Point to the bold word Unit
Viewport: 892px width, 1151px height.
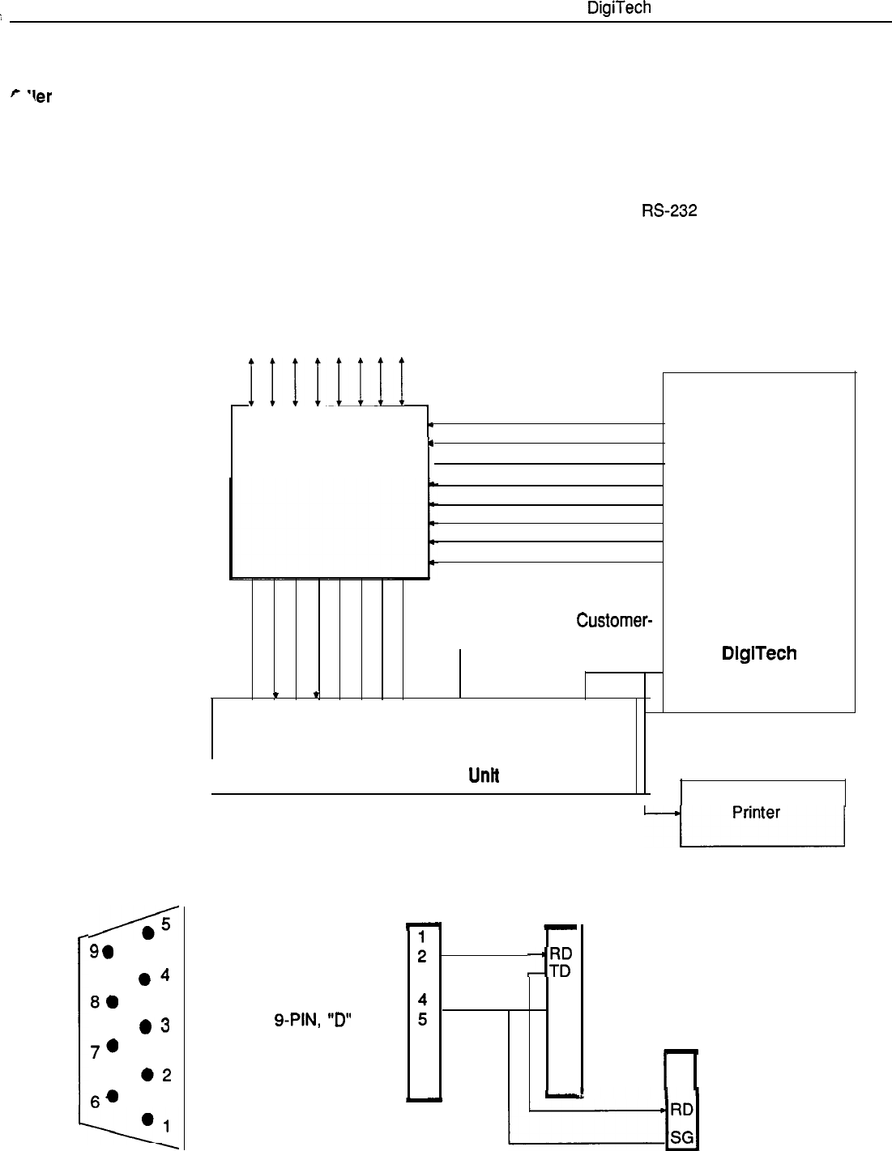483,775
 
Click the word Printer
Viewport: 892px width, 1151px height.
756,812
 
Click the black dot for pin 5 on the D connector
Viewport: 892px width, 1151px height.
148,933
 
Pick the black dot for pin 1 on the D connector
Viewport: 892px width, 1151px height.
147,1119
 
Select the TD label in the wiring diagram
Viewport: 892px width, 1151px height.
560,972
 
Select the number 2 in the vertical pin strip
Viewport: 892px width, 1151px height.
422,956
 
